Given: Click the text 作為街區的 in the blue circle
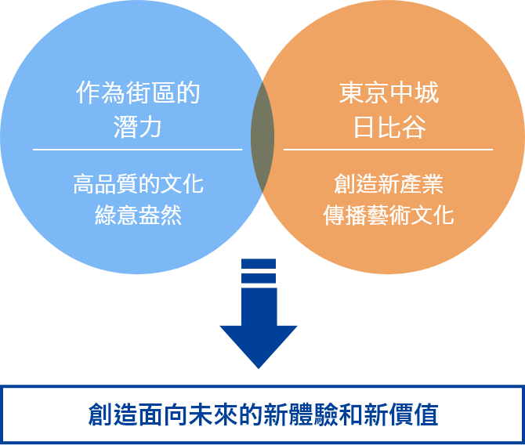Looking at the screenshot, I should coord(137,94).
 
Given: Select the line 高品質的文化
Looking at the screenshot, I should coord(137,185).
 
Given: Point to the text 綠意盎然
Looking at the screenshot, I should coord(137,215).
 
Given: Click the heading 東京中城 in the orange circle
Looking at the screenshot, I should coord(389,94).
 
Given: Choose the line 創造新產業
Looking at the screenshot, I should coord(389,185).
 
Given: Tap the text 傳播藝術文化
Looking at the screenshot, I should coord(389,215).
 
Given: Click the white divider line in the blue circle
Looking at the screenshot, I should coord(137,149).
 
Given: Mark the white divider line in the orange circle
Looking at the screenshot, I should coord(389,149).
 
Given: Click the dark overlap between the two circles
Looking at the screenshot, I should coord(262,136).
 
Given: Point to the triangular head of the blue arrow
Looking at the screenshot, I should coord(259,345).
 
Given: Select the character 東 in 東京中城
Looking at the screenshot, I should coord(351,94).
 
